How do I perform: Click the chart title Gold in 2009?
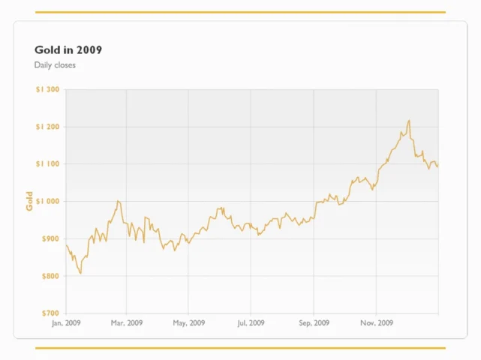click(68, 49)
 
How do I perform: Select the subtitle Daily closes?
click(55, 65)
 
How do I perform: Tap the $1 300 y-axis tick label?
click(47, 89)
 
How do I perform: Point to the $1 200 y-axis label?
click(47, 127)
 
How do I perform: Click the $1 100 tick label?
click(47, 164)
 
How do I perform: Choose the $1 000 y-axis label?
click(47, 201)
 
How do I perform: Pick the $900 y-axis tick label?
click(50, 238)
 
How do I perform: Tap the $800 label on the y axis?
click(50, 276)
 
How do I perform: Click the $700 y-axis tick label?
click(50, 313)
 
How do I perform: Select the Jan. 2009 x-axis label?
click(66, 323)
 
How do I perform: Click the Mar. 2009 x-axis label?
click(127, 323)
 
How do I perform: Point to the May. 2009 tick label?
click(188, 323)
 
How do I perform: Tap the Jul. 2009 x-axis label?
click(251, 323)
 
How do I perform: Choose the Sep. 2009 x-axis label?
click(314, 323)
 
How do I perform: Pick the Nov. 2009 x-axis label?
click(377, 323)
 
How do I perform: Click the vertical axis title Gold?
click(29, 201)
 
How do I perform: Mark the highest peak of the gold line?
click(409, 120)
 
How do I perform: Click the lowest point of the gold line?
click(81, 273)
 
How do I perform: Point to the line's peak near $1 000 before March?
click(118, 201)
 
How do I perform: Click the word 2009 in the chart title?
click(89, 49)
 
